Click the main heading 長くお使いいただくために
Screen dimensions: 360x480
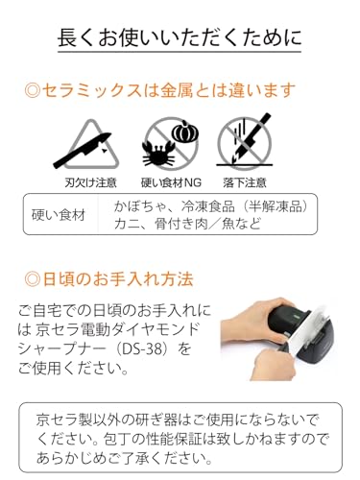click(x=180, y=37)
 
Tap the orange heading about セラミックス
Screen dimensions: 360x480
click(x=159, y=90)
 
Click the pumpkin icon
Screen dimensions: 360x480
click(x=185, y=132)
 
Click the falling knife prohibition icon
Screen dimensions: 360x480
click(x=245, y=141)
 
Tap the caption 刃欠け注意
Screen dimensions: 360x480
click(x=90, y=182)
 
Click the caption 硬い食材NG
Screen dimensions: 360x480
click(x=171, y=182)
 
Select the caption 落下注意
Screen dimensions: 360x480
click(x=245, y=182)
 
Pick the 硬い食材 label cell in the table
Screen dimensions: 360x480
click(x=59, y=215)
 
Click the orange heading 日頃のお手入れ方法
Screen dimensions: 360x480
click(x=109, y=279)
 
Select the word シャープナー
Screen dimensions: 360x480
click(x=61, y=348)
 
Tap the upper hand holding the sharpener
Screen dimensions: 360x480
click(x=257, y=321)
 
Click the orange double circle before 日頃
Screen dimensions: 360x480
click(x=32, y=279)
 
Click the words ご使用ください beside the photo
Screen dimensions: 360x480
click(x=69, y=368)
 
